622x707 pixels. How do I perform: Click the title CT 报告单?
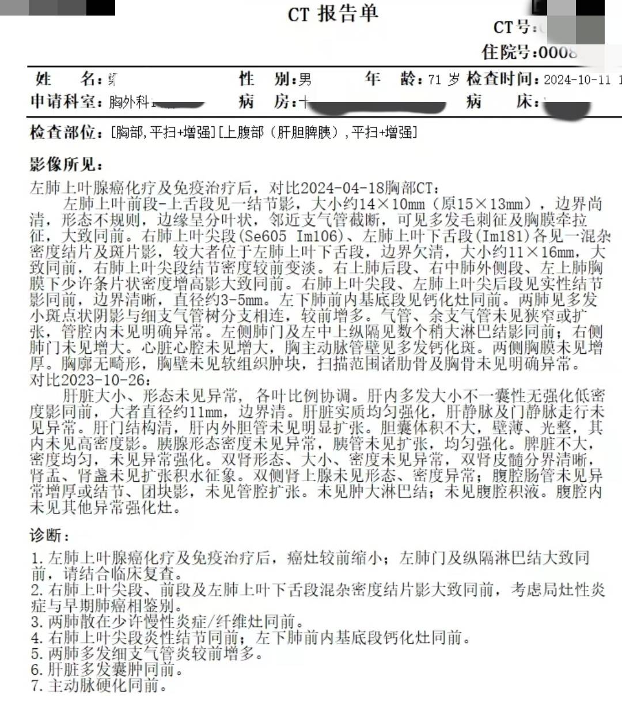click(x=333, y=14)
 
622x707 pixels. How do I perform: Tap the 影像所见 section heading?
click(x=66, y=165)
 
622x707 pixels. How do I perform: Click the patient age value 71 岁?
click(x=443, y=80)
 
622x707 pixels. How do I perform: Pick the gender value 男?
click(x=305, y=80)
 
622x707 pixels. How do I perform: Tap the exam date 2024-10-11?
click(x=577, y=80)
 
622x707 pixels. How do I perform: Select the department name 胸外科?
click(x=130, y=102)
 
